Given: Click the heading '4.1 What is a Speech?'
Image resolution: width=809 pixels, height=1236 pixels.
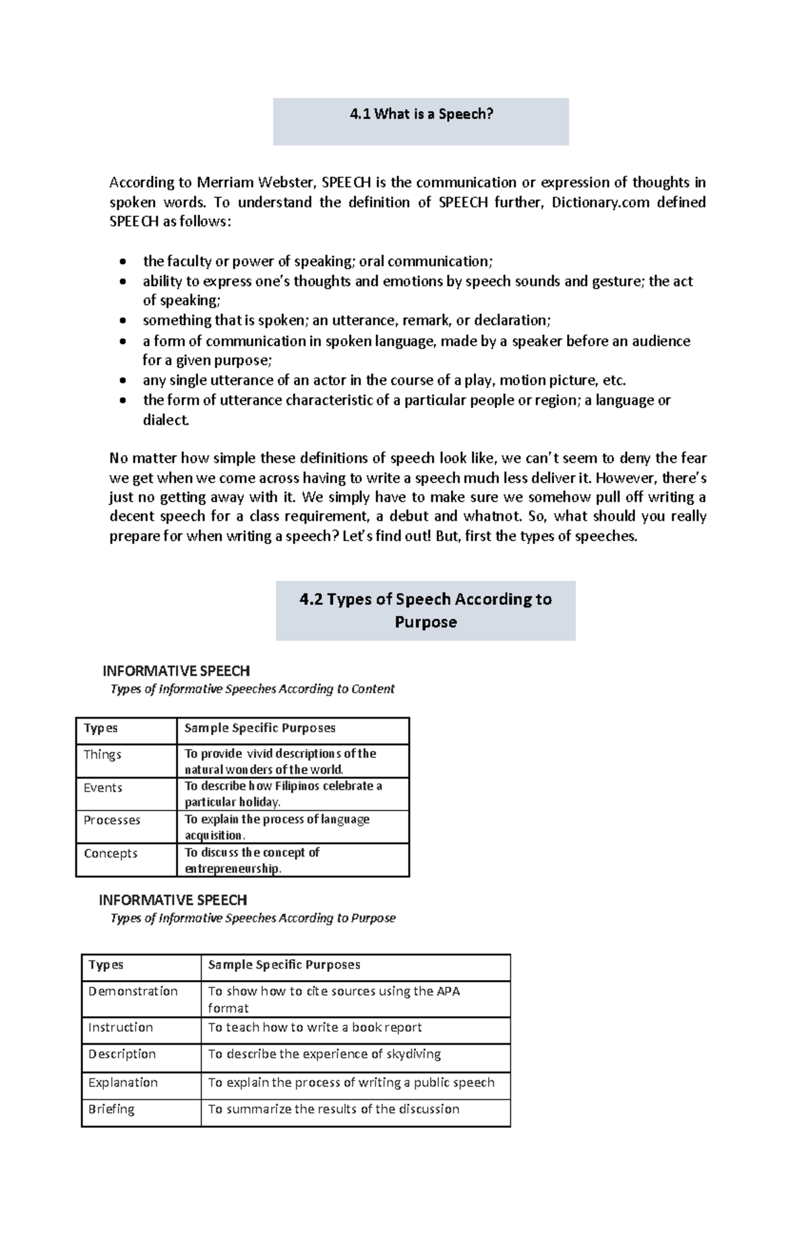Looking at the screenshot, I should pos(421,115).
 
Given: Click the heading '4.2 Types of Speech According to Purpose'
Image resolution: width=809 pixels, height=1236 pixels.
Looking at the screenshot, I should pos(425,610).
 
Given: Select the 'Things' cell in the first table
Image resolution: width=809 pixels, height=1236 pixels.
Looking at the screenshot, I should pos(102,754).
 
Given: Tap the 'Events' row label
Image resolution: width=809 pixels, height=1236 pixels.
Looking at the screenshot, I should pos(103,787).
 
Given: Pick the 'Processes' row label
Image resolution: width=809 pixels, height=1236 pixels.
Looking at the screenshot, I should pos(112,820).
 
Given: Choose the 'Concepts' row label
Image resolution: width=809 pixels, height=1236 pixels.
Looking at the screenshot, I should pos(111,853).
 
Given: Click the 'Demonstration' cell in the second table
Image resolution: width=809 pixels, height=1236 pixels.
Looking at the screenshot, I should pos(133,991).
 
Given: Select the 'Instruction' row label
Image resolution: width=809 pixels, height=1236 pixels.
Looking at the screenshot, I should pos(121,1027).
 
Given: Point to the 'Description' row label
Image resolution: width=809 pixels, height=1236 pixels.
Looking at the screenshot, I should pos(122,1054).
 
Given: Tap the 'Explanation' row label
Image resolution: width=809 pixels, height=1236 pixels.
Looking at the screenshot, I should pos(123,1082).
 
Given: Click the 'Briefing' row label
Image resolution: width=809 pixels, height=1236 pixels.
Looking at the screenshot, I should pos(111,1109).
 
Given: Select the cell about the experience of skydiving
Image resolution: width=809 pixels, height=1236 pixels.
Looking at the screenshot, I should pos(324,1054).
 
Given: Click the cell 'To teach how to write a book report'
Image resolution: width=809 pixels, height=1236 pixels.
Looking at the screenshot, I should pos(315,1027).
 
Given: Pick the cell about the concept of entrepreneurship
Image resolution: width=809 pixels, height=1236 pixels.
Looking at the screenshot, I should pos(252,860).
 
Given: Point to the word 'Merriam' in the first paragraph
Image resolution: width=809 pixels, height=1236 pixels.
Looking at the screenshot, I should pos(221,183).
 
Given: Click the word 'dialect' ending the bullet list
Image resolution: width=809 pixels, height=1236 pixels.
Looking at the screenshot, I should pos(166,420).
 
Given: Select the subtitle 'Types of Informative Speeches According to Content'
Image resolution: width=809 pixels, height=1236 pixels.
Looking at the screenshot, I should pos(252,689).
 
